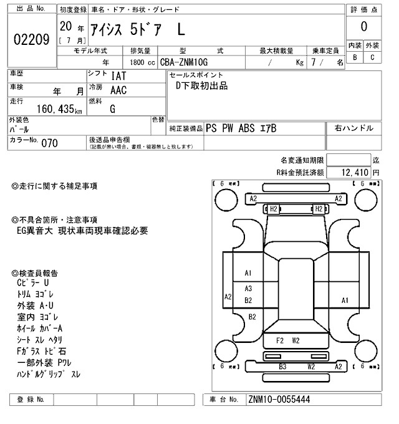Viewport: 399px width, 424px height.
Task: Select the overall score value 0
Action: (363, 27)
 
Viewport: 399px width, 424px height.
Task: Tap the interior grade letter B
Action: (355, 57)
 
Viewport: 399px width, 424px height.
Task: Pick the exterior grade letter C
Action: (372, 57)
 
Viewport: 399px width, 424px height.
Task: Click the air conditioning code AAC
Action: (119, 90)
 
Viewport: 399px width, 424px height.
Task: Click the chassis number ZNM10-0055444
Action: (279, 399)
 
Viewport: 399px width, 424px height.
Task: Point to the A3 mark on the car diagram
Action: (248, 289)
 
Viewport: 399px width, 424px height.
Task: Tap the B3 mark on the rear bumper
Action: (282, 367)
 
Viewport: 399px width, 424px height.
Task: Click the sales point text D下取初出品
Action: (201, 86)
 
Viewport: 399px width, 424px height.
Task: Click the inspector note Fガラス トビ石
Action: (42, 351)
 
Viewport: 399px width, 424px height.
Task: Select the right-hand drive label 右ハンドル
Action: (355, 128)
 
